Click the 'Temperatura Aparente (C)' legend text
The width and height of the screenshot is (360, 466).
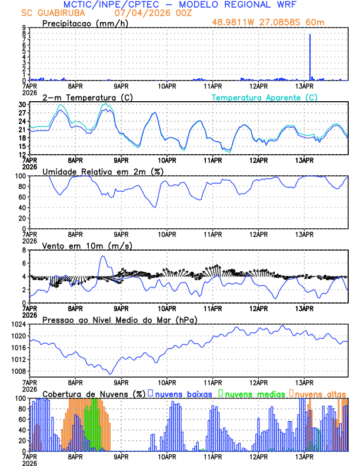pos(264,97)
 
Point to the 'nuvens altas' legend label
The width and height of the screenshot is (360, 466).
pos(320,394)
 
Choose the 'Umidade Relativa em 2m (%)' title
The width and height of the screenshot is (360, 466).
pos(102,171)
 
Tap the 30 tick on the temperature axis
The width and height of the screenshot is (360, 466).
pos(22,105)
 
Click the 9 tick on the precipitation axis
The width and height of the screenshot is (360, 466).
pos(24,28)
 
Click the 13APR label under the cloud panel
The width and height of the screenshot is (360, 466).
pos(304,456)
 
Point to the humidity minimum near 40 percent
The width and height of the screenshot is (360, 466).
pos(155,207)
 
